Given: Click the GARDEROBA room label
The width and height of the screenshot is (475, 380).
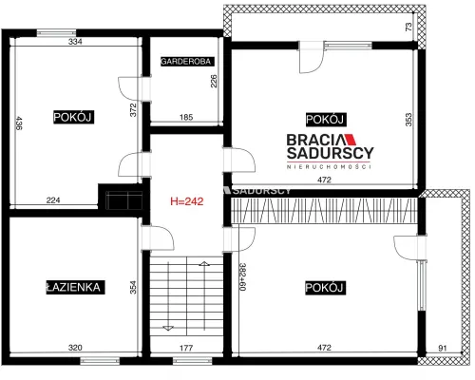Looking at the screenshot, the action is pyautogui.click(x=187, y=61).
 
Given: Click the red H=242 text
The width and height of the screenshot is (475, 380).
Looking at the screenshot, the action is pyautogui.click(x=187, y=201).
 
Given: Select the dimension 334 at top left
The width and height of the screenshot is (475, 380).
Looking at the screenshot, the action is pyautogui.click(x=75, y=41).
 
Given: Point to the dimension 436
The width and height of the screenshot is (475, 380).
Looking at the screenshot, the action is pyautogui.click(x=19, y=123).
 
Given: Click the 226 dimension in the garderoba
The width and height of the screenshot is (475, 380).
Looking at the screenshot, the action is pyautogui.click(x=214, y=81).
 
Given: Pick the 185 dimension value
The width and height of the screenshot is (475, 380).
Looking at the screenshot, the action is pyautogui.click(x=186, y=117).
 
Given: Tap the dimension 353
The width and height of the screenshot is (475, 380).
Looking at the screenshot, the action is pyautogui.click(x=408, y=120).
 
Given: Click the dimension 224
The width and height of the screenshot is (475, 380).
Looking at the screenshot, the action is pyautogui.click(x=53, y=200).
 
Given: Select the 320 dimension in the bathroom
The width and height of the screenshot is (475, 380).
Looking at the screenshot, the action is pyautogui.click(x=75, y=348).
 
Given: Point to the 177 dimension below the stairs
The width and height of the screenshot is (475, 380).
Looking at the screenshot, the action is pyautogui.click(x=186, y=348).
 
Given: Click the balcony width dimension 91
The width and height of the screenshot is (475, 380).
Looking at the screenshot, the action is pyautogui.click(x=443, y=348).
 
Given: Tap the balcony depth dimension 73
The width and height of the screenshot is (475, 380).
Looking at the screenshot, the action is pyautogui.click(x=408, y=27).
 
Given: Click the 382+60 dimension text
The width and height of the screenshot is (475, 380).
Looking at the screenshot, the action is pyautogui.click(x=242, y=276).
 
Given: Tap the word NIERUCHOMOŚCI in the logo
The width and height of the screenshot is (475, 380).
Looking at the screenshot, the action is pyautogui.click(x=329, y=166).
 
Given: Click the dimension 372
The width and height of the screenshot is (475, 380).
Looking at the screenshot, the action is pyautogui.click(x=133, y=110).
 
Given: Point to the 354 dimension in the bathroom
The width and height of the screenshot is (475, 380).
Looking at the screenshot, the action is pyautogui.click(x=133, y=288).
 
